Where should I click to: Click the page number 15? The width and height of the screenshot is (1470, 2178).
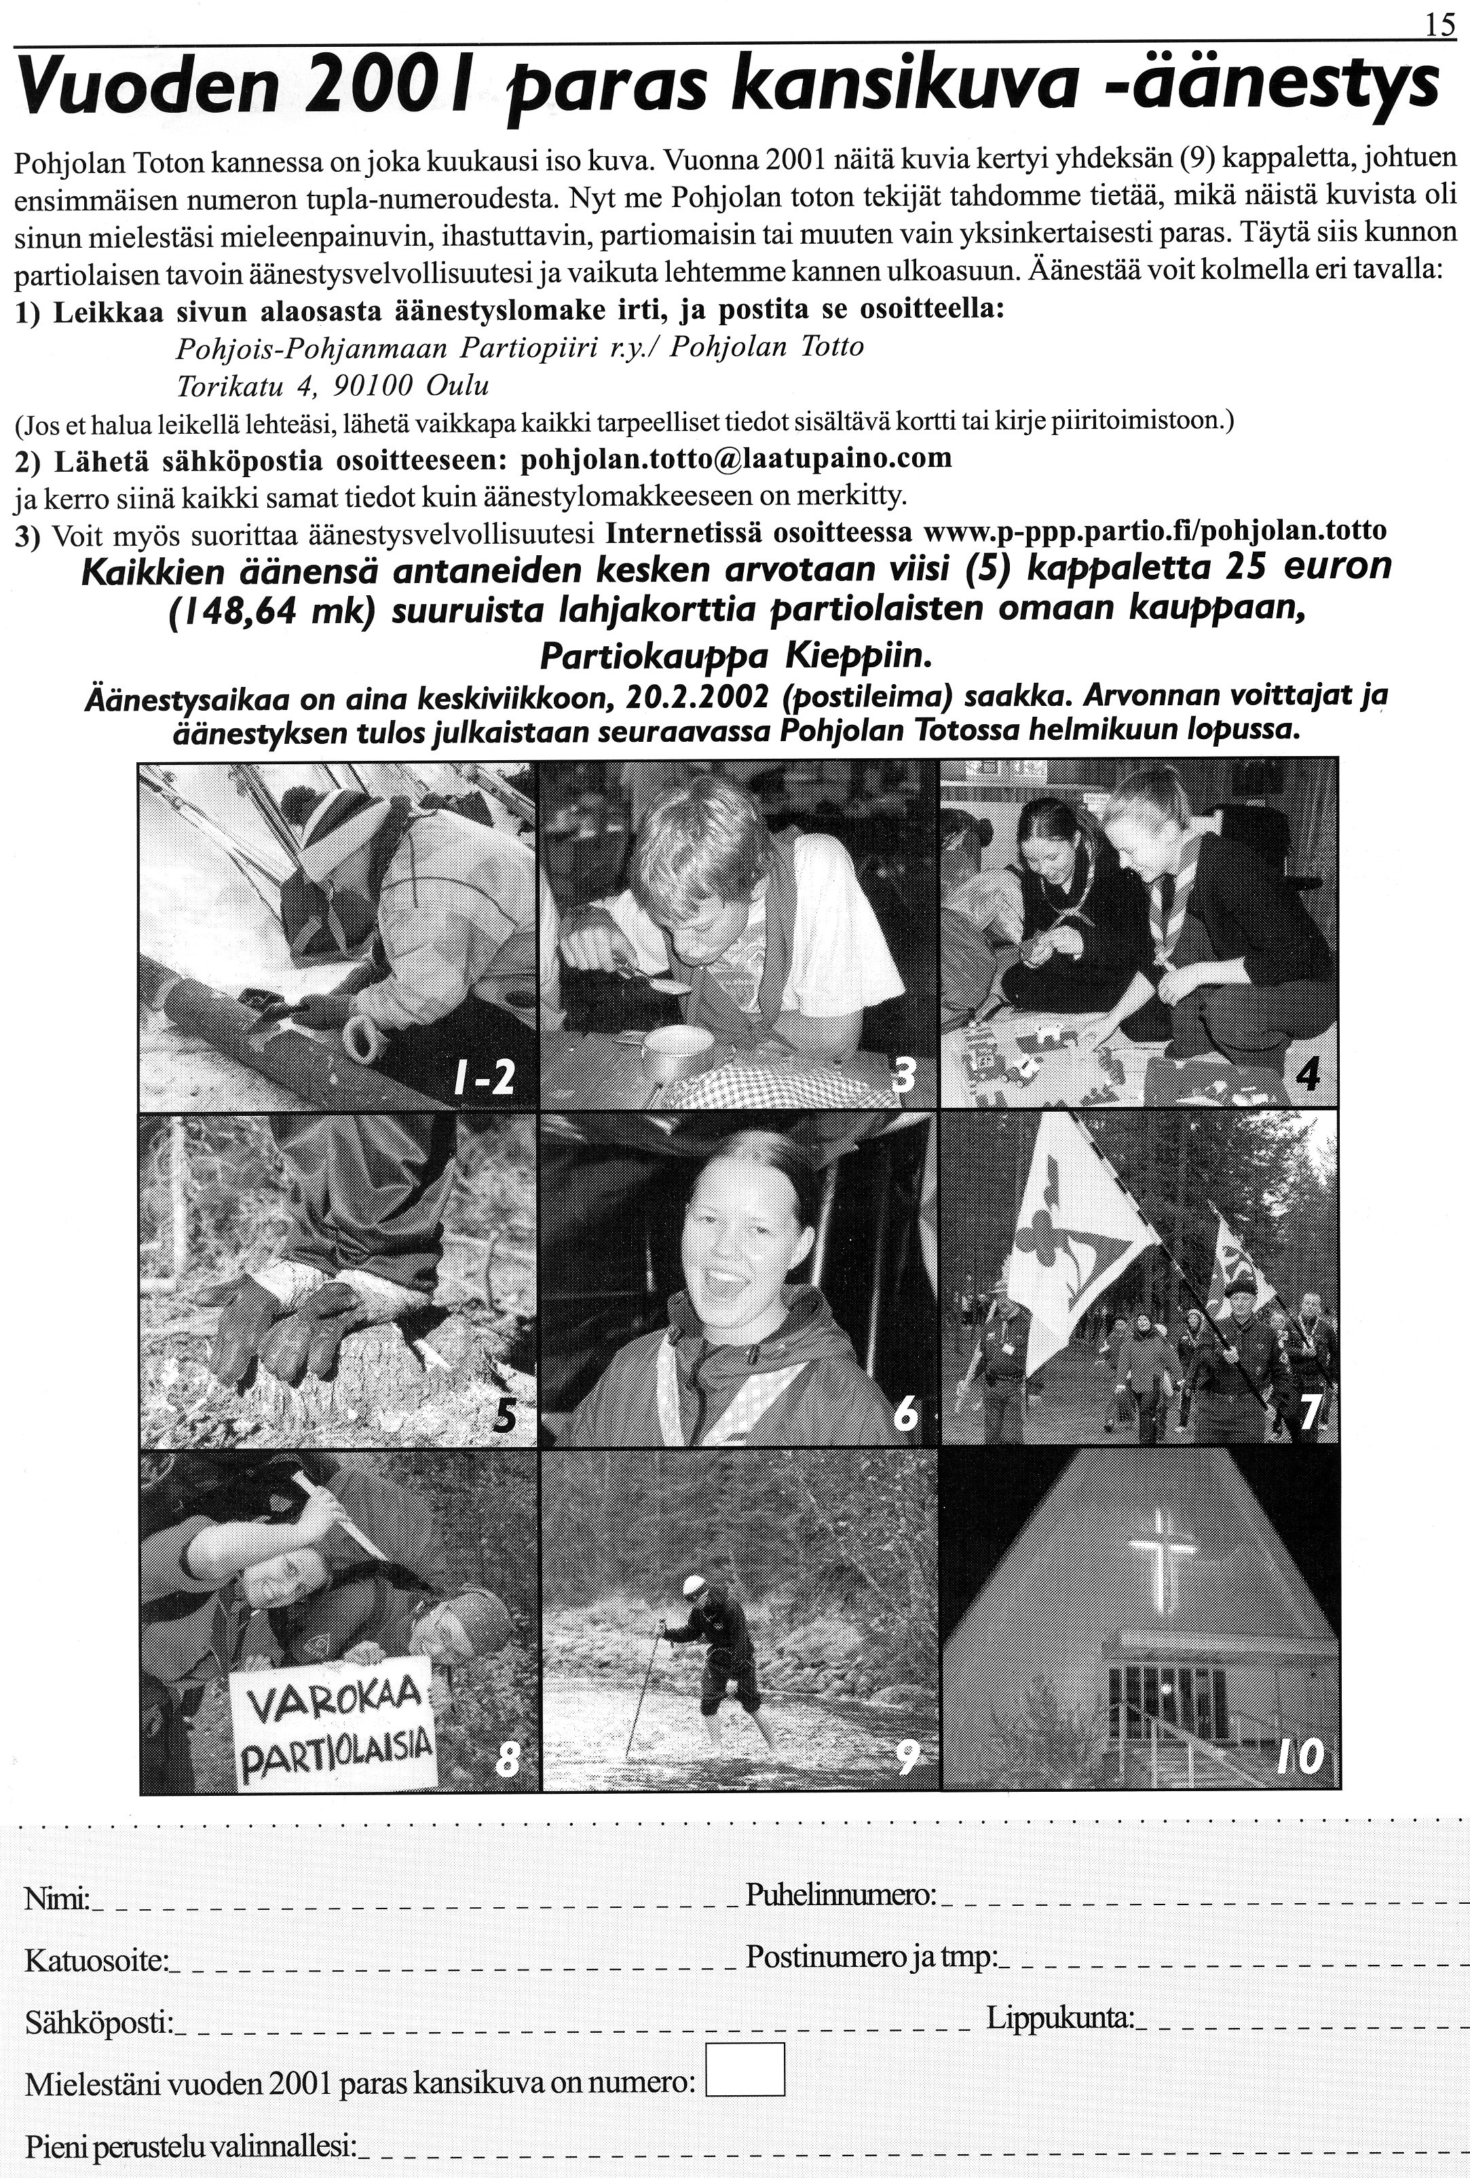point(1440,25)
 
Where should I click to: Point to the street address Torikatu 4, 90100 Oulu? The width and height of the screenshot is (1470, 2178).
point(333,386)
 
